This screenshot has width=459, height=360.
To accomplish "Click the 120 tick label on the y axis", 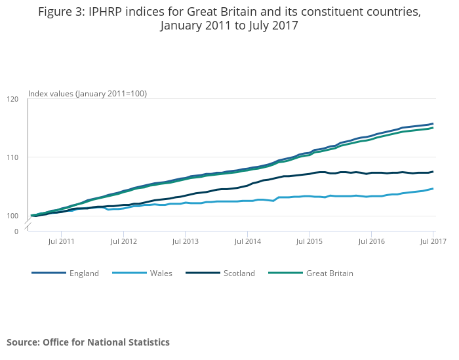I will pos(12,99).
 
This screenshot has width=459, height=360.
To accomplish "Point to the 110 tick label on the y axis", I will pos(12,157).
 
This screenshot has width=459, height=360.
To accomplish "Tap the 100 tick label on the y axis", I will pos(12,216).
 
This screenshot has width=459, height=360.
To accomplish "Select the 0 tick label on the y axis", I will pos(16,231).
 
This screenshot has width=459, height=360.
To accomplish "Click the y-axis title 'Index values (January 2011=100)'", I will pos(87,94).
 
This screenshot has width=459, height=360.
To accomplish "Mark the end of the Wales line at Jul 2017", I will pos(433,189).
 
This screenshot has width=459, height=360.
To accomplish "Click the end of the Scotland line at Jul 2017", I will pos(433,172).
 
